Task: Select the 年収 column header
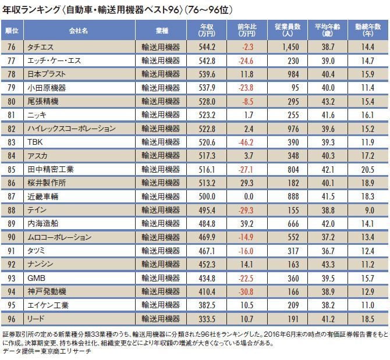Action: (x=207, y=30)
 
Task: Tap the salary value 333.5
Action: (x=208, y=319)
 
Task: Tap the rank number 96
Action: (x=12, y=319)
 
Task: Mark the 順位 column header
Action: (x=12, y=30)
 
